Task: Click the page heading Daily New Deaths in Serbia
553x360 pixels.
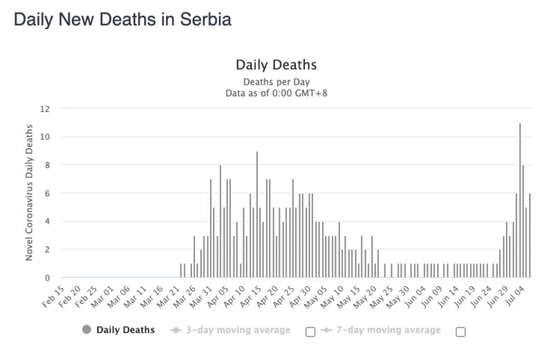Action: tap(122, 19)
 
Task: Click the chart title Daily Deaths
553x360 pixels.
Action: tap(276, 65)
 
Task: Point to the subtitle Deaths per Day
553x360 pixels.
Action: tap(276, 81)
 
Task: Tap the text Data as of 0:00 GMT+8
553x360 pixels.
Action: tap(276, 93)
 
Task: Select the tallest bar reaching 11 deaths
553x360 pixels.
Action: tap(520, 200)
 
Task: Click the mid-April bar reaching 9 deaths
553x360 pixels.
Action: tap(257, 214)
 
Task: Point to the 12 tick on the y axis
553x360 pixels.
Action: tap(46, 108)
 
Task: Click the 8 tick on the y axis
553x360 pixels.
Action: tap(47, 165)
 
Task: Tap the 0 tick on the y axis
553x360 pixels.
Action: tap(47, 278)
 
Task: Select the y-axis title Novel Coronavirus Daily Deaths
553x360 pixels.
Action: tap(30, 193)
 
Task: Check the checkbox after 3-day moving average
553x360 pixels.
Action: tap(310, 331)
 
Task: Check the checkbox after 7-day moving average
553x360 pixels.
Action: tap(460, 331)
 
